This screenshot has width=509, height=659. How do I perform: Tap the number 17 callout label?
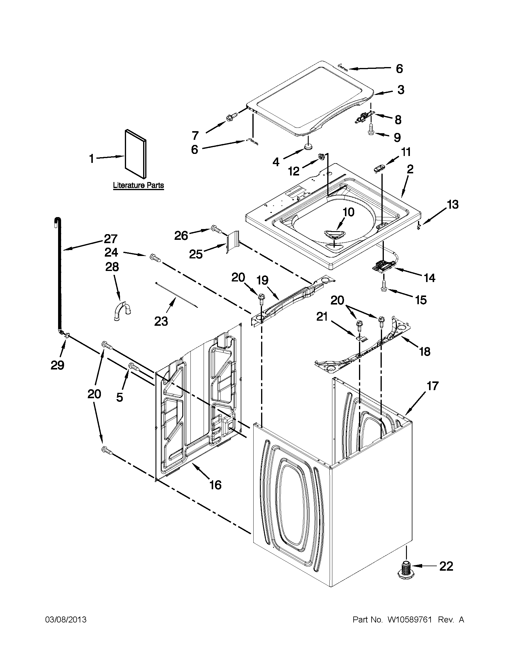pos(432,386)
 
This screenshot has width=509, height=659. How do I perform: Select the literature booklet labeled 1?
pos(136,154)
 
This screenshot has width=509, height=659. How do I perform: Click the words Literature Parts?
pos(139,185)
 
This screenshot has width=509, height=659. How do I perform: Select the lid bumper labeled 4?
pos(308,147)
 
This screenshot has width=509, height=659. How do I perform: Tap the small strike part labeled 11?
pos(378,168)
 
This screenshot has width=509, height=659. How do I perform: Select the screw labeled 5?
pos(134,366)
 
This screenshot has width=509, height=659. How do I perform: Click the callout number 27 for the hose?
pos(110,239)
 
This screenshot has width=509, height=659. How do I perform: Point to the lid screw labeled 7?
pos(232,116)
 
